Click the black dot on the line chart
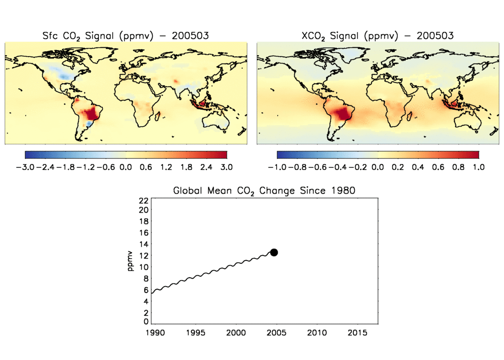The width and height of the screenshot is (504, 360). (274, 252)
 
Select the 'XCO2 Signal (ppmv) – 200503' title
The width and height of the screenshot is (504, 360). (377, 35)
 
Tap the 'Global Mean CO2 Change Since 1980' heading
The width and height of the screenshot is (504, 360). (264, 191)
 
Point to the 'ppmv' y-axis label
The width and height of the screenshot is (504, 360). (130, 262)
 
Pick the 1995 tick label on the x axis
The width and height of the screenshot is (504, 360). (195, 333)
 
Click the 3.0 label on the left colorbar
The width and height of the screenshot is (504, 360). (226, 167)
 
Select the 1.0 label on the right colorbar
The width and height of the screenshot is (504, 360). (478, 167)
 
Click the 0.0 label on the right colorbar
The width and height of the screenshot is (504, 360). (378, 167)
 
